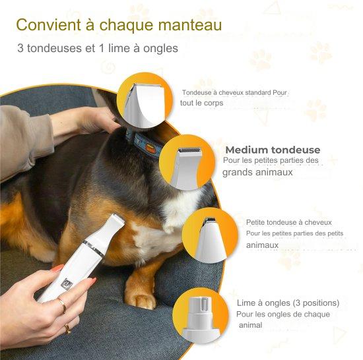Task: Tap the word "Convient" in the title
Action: (49, 24)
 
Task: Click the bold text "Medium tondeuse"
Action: (273, 150)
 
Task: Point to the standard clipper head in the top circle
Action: (144, 104)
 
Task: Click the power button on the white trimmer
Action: (67, 284)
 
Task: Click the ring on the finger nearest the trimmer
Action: (63, 305)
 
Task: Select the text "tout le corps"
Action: (202, 103)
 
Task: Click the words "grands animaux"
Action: (257, 173)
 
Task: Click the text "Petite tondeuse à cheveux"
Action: (288, 222)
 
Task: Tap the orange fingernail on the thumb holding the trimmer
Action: (57, 268)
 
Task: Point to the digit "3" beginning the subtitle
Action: (20, 48)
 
